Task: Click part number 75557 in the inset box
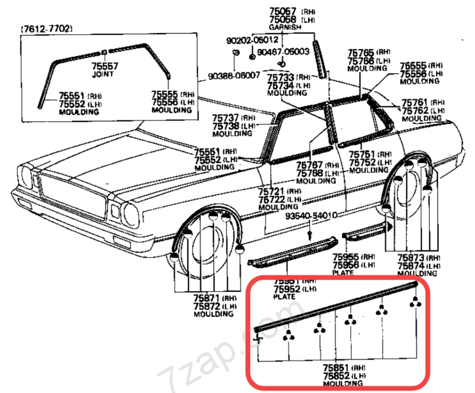tap(104, 66)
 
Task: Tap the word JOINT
tap(104, 74)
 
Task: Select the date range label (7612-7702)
tap(46, 29)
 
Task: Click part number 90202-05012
tap(252, 39)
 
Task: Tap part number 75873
tap(410, 257)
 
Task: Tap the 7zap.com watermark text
tap(203, 359)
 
